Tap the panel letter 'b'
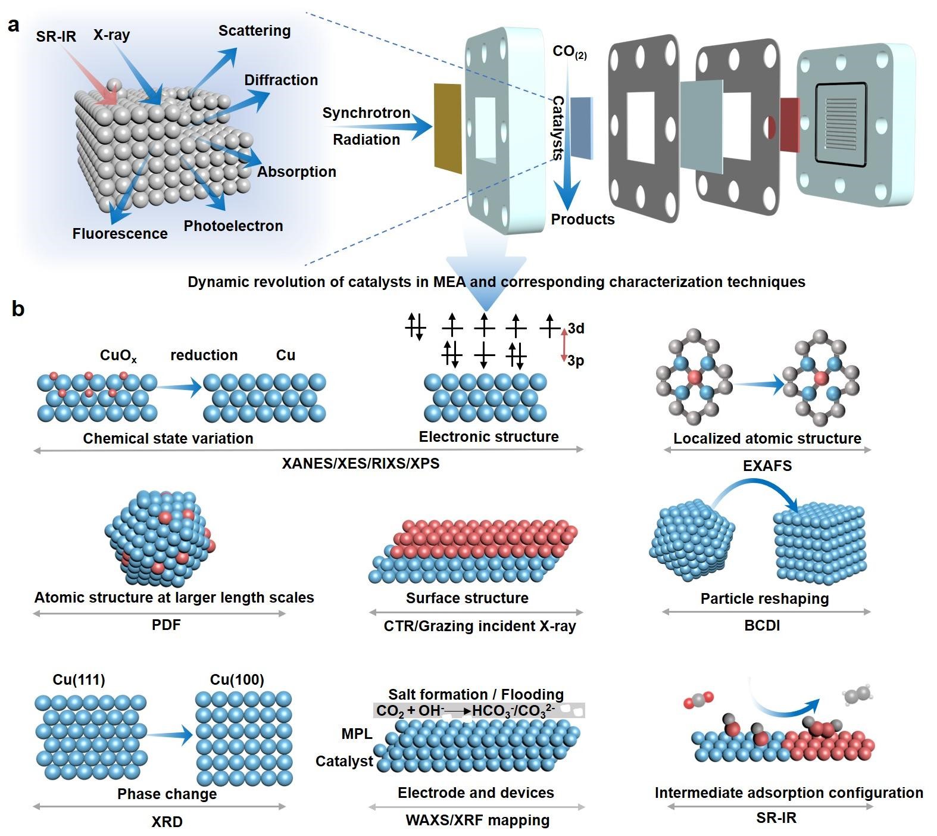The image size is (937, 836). (18, 309)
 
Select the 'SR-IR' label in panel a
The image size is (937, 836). (56, 37)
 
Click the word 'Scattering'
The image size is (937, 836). (254, 31)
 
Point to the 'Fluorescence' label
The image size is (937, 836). (120, 234)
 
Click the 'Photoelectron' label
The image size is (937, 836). (233, 226)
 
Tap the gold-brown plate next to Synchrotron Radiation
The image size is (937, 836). (448, 128)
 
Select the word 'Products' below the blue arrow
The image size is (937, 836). (582, 220)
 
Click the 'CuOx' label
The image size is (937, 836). (118, 356)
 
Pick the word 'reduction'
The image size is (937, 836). (204, 355)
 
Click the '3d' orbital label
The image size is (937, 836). (576, 329)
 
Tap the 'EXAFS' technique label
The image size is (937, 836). (767, 466)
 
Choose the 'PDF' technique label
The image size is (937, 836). (166, 625)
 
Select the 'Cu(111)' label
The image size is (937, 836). (79, 680)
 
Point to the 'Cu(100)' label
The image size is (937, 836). (237, 680)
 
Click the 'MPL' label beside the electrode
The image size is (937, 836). (357, 734)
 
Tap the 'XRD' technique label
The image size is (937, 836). (167, 822)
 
